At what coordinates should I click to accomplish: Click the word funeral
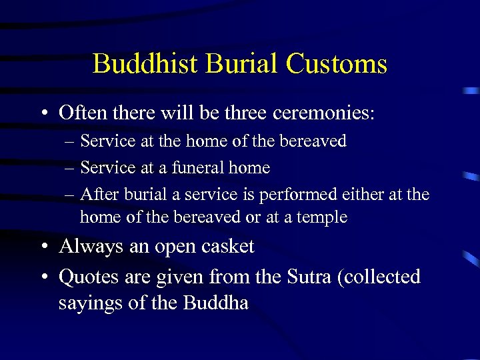coord(199,167)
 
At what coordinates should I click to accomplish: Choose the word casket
coord(229,247)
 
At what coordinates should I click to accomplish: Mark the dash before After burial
coord(70,195)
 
